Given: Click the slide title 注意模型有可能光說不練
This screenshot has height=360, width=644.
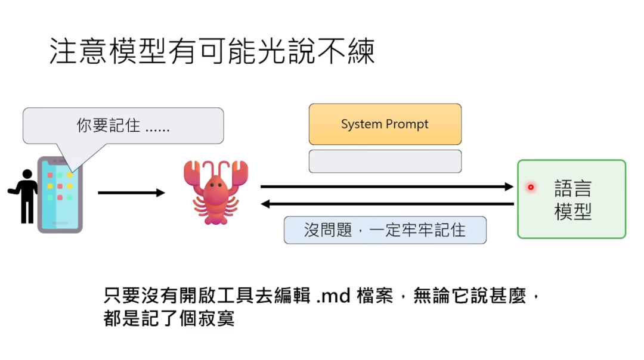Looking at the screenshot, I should point(212,52).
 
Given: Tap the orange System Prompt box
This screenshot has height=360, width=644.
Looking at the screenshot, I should point(385,124).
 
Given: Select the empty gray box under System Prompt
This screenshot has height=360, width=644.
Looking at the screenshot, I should point(385,161).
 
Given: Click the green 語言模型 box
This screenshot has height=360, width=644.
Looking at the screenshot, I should point(571,199).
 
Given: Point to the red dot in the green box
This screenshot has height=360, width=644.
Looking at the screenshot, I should point(530,187).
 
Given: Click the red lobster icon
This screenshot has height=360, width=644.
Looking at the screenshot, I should point(215,192).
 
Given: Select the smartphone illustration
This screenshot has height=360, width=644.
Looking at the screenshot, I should point(60,194).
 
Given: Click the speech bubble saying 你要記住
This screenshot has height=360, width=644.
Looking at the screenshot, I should point(123,126).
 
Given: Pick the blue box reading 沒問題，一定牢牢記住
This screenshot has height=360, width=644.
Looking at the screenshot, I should point(385,230).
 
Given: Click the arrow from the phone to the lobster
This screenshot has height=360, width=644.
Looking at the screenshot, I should point(131,193).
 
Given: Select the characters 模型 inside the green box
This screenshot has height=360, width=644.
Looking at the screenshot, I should point(572,211).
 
